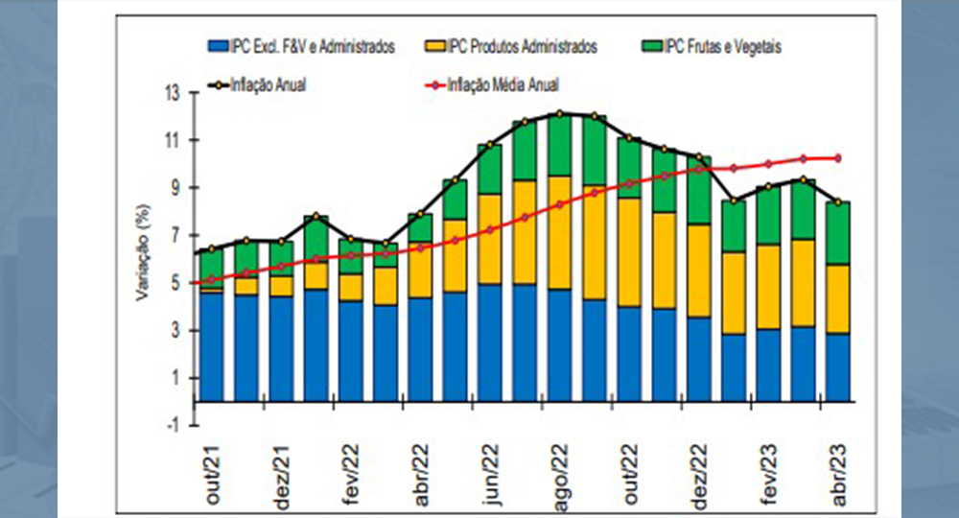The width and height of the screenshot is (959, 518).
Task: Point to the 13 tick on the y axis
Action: point(173,93)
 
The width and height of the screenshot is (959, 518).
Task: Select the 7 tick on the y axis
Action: point(174,236)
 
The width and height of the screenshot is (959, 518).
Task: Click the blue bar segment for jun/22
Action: point(491,342)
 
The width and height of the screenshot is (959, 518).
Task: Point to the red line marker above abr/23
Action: point(840,157)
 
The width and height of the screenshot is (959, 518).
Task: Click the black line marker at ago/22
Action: point(561,114)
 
